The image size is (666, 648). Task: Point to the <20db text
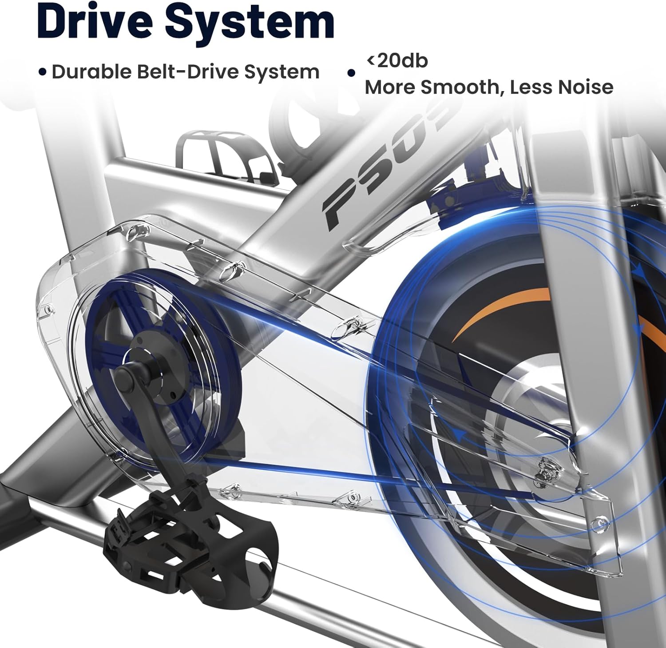[396, 60]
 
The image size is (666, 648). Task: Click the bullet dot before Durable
[43, 72]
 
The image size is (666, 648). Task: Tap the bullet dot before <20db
[352, 73]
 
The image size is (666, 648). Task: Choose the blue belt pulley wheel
[162, 366]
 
